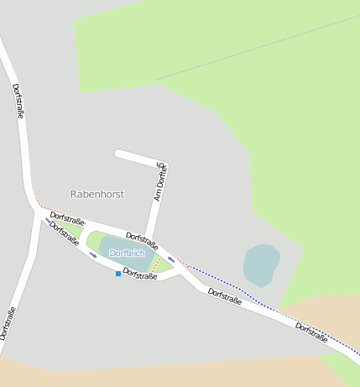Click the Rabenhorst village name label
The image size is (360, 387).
coord(97,194)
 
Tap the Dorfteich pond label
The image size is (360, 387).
coord(128,253)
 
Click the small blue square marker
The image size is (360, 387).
coord(117,274)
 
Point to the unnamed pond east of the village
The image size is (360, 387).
coord(261,264)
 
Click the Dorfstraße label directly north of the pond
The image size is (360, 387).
coord(142,241)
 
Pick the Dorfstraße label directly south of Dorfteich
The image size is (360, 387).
coord(140,274)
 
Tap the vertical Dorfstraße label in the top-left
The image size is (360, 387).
coord(18,100)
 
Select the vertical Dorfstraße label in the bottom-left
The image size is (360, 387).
coord(8,323)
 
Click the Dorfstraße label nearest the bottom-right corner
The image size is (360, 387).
coord(311,333)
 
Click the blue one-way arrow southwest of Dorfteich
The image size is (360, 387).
coord(92,254)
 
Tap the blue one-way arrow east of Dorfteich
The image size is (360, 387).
coord(171,259)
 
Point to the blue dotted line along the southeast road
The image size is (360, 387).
coord(252,295)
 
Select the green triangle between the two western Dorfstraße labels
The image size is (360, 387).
coord(73,229)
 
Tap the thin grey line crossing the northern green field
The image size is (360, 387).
coord(252,50)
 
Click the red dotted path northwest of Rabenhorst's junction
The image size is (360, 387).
coord(46,207)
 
